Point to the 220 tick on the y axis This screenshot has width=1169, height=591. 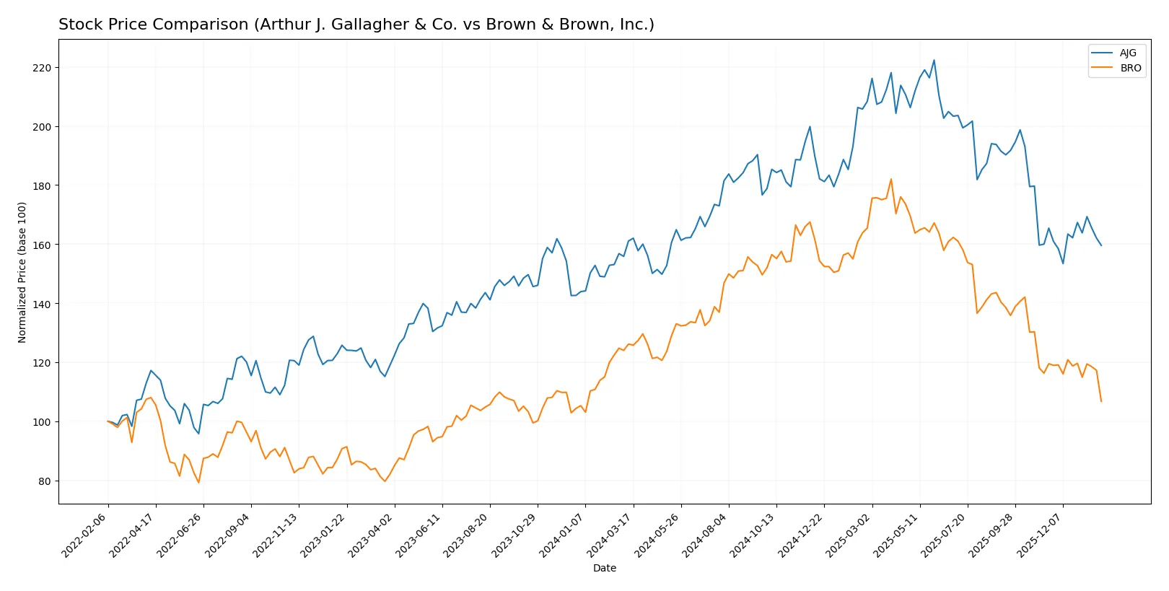pos(42,68)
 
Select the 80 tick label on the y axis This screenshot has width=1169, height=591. pos(45,481)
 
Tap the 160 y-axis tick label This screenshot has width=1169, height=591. pos(42,245)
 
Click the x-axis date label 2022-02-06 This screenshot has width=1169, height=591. pos(85,535)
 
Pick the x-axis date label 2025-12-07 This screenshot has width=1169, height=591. pos(1040,535)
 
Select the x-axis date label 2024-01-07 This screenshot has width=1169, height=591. pos(562,535)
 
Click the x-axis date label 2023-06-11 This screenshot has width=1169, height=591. pos(419,535)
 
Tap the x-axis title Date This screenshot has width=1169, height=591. pos(604,569)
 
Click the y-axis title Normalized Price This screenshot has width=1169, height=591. pos(22,272)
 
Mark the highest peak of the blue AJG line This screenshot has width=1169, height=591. pos(934,61)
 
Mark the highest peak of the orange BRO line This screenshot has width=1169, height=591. pos(891,179)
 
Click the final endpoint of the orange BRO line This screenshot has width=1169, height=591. pos(1101,401)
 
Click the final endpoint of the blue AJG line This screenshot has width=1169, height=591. pos(1101,245)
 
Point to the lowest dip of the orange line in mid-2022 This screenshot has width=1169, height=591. pos(198,483)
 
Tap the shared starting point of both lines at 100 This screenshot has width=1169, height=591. pos(108,421)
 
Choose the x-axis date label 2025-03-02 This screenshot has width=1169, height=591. pos(849,535)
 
